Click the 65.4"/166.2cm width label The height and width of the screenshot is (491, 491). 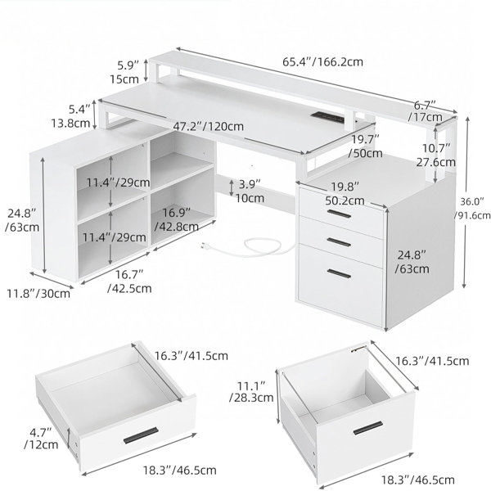coord(323,62)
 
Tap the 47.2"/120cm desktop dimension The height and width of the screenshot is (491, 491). coord(208,127)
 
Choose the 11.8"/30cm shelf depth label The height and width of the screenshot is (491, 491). coord(38,294)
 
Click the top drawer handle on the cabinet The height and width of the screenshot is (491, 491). coord(339,214)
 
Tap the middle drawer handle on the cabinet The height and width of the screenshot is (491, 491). coord(339,241)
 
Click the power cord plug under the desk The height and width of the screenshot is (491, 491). coord(205,245)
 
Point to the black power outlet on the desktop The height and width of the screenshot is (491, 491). coord(328,117)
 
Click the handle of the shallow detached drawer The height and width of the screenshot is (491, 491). coord(141,435)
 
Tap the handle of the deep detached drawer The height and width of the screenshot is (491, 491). coord(368,428)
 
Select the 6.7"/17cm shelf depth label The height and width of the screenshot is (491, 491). coord(425,111)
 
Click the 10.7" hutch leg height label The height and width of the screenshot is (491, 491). coord(436,155)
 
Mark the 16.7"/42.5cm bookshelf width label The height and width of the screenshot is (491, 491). coord(129,282)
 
